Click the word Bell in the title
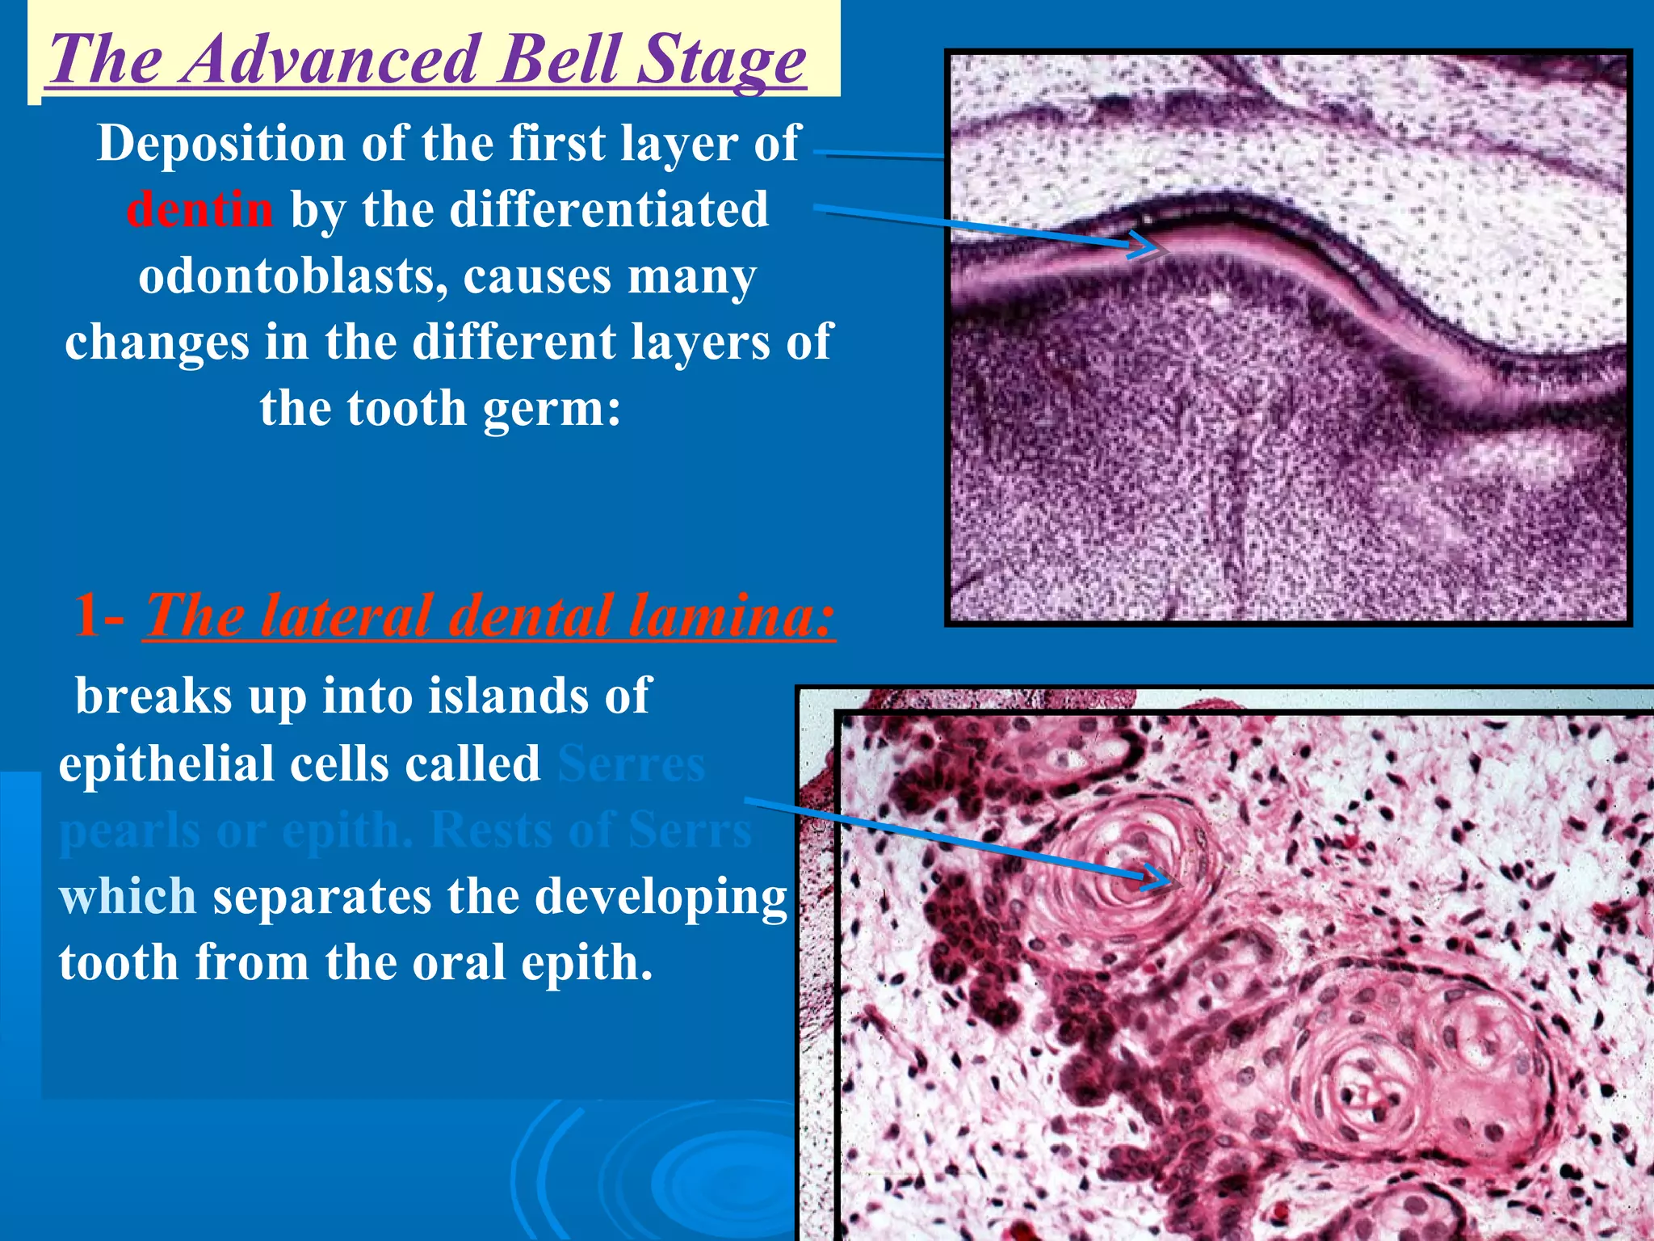coord(560,60)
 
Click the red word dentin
coord(199,209)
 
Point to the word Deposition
coord(221,143)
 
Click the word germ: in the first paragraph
coord(552,408)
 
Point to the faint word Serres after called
coord(631,764)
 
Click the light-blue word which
coord(127,896)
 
